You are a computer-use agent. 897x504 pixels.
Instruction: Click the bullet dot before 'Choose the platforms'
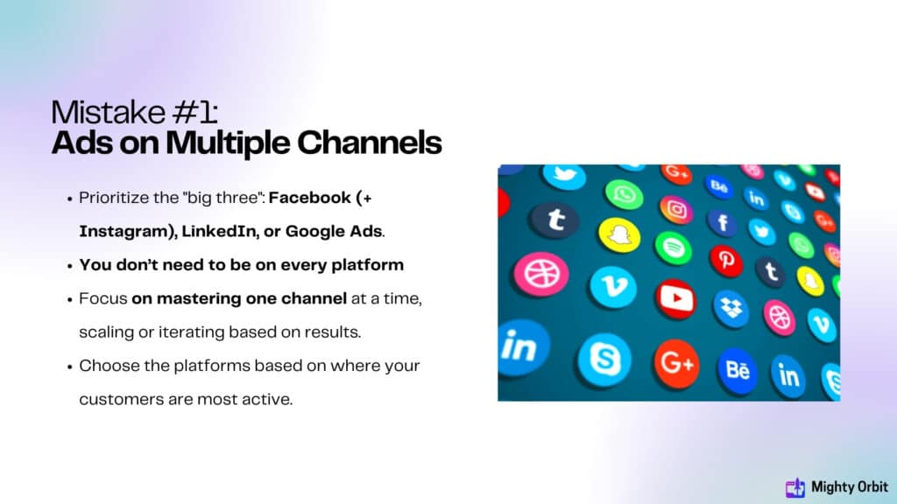pos(69,367)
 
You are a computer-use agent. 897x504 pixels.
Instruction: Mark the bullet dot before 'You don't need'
pos(69,266)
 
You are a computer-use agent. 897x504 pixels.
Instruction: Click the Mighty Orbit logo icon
pos(795,487)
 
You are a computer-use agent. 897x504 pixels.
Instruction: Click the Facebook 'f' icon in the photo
pos(723,222)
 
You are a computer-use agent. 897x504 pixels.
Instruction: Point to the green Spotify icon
pos(673,248)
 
